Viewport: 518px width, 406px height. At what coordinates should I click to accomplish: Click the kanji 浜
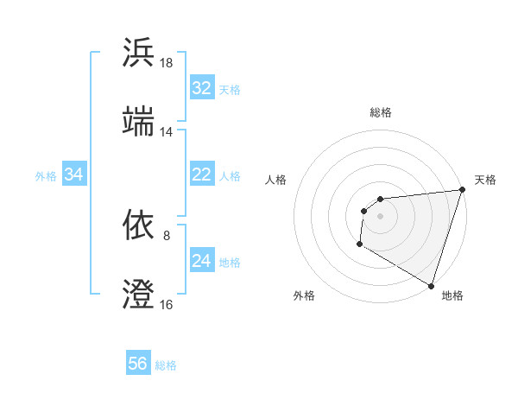pyautogui.click(x=139, y=53)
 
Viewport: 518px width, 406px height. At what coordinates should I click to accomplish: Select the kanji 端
pyautogui.click(x=139, y=122)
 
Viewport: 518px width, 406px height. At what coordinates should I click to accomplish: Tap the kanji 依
pyautogui.click(x=139, y=225)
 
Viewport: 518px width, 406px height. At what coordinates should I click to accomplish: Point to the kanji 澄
pyautogui.click(x=139, y=294)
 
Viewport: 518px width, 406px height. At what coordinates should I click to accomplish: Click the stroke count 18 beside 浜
pyautogui.click(x=167, y=63)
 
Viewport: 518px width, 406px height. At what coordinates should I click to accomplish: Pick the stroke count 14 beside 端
pyautogui.click(x=167, y=132)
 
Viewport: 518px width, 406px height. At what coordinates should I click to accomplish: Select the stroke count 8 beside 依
pyautogui.click(x=167, y=235)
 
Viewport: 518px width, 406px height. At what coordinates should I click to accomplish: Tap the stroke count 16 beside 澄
pyautogui.click(x=167, y=304)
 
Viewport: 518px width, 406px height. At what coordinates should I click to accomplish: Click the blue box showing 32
pyautogui.click(x=202, y=88)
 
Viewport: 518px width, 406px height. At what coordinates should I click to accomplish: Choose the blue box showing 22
pyautogui.click(x=202, y=174)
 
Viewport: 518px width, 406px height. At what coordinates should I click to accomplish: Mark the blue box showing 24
pyautogui.click(x=202, y=261)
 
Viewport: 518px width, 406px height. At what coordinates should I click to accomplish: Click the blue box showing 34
pyautogui.click(x=74, y=174)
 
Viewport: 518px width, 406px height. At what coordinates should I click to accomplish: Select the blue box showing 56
pyautogui.click(x=138, y=365)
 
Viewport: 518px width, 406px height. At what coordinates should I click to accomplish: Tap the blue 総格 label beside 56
pyautogui.click(x=166, y=365)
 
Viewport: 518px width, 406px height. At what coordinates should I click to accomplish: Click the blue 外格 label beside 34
pyautogui.click(x=46, y=175)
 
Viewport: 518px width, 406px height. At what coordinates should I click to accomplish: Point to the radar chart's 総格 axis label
pyautogui.click(x=380, y=111)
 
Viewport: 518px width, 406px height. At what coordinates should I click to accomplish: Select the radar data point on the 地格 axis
pyautogui.click(x=431, y=285)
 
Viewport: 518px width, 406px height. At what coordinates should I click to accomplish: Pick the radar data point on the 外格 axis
pyautogui.click(x=359, y=244)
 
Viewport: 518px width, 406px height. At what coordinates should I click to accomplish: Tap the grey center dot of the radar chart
pyautogui.click(x=380, y=216)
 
